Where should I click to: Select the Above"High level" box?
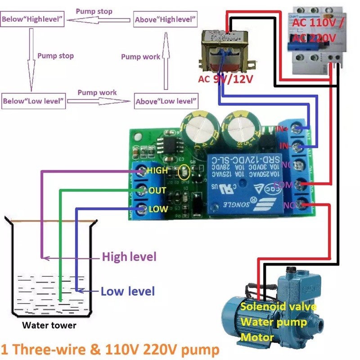click(166, 20)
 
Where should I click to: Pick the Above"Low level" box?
click(166, 101)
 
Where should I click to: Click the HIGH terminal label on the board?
click(157, 171)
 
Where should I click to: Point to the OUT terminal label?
click(157, 191)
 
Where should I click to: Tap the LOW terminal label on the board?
click(158, 209)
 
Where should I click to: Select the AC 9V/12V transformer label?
click(225, 79)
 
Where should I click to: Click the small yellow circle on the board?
click(184, 172)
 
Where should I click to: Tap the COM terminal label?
click(284, 184)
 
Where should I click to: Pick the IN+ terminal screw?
click(297, 130)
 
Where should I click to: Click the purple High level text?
click(129, 257)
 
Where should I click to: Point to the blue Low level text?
click(128, 291)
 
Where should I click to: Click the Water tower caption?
click(49, 325)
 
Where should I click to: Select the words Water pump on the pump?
click(274, 322)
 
